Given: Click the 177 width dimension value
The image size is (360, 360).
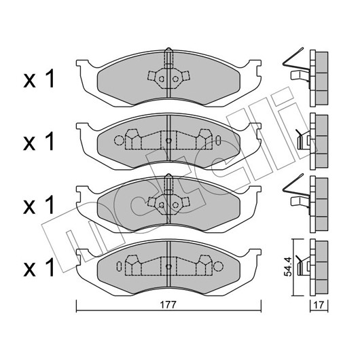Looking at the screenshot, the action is pyautogui.click(x=168, y=305).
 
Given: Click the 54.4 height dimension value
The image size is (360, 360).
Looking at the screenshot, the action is pyautogui.click(x=287, y=267).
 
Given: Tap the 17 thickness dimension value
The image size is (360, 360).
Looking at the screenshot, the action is pyautogui.click(x=319, y=305).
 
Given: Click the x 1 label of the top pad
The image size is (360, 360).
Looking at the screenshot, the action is pyautogui.click(x=39, y=79).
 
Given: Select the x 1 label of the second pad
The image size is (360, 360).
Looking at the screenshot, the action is pyautogui.click(x=39, y=141).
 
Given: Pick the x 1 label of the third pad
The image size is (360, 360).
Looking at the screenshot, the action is pyautogui.click(x=39, y=204).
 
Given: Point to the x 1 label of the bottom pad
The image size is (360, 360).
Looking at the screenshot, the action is pyautogui.click(x=39, y=267).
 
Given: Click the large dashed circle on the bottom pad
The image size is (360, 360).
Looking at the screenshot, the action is pyautogui.click(x=218, y=266).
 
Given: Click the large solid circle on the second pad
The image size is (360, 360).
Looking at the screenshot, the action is pyautogui.click(x=119, y=141).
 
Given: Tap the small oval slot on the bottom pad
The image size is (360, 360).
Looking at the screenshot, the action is pyautogui.click(x=119, y=266).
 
